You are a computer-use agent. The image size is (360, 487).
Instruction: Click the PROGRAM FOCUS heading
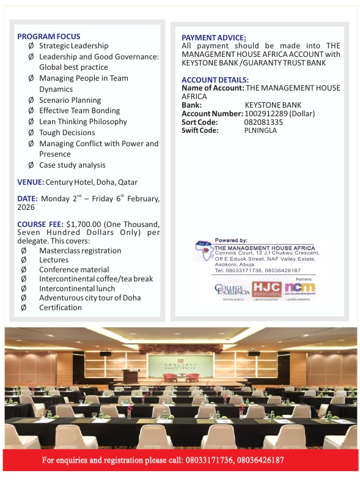[48, 36]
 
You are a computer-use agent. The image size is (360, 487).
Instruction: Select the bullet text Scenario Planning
[70, 100]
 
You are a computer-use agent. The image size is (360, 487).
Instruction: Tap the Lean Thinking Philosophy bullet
[83, 121]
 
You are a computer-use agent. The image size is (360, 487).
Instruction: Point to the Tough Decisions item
[67, 132]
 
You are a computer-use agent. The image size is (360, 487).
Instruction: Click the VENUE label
[31, 182]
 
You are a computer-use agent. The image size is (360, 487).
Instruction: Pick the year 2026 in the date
[26, 207]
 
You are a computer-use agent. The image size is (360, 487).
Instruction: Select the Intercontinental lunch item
[77, 288]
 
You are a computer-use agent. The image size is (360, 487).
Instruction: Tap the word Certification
[60, 307]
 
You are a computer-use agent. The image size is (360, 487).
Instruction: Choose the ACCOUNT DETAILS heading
[215, 80]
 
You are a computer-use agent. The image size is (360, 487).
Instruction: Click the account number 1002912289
[266, 113]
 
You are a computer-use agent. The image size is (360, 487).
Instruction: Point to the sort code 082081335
[263, 122]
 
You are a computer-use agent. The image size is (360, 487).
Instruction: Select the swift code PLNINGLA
[260, 130]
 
